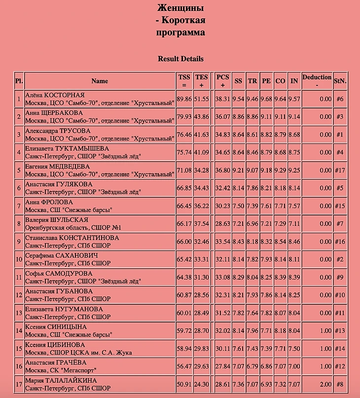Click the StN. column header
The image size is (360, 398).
[340, 81]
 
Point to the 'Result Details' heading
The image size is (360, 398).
[180, 59]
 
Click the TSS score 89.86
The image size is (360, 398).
[184, 99]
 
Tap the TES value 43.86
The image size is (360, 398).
[202, 117]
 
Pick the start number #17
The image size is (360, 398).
[340, 171]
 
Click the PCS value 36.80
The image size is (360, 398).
[222, 171]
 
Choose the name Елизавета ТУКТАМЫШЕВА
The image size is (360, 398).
[67, 148]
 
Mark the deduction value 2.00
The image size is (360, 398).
[325, 385]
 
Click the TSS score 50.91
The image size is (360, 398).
[184, 385]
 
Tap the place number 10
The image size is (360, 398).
[19, 259]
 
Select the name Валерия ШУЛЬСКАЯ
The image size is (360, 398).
[57, 220]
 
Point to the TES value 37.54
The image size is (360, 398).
[202, 224]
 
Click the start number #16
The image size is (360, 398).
[340, 242]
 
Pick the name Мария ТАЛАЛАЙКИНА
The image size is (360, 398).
[61, 381]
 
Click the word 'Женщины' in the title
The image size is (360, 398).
[180, 8]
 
